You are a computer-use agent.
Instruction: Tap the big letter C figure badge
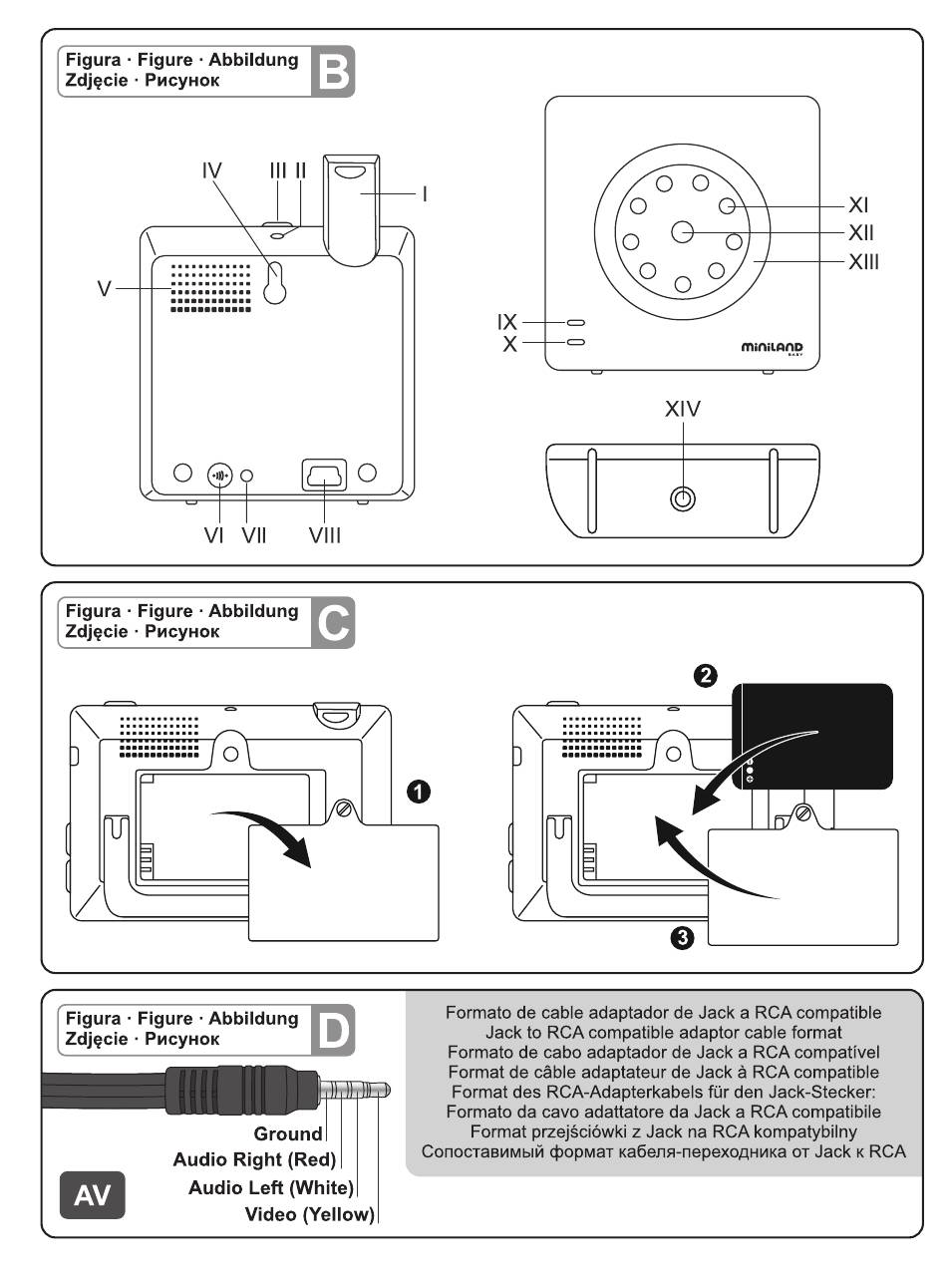click(x=331, y=622)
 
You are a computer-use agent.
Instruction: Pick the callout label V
click(x=103, y=289)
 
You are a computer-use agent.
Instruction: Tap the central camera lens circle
click(x=683, y=232)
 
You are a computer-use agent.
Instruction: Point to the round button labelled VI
click(x=219, y=476)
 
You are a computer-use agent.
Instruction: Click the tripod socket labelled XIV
click(x=682, y=499)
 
